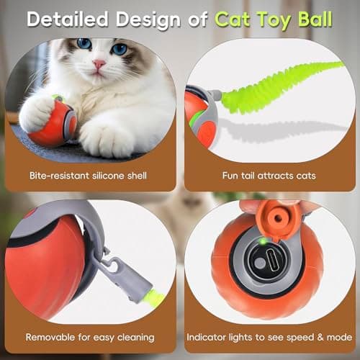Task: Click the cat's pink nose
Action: coord(98,64)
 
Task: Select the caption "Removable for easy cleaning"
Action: coord(90,336)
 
